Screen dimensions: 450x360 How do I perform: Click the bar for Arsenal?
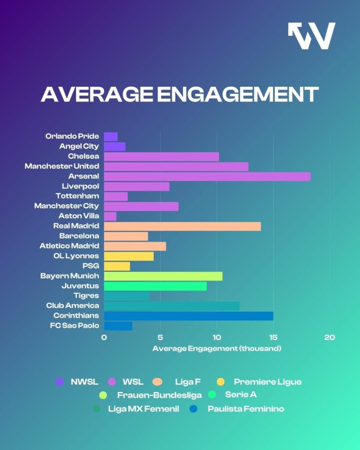pyautogui.click(x=207, y=176)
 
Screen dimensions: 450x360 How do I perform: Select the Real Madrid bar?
pyautogui.click(x=182, y=226)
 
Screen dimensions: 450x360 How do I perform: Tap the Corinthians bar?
pyautogui.click(x=189, y=316)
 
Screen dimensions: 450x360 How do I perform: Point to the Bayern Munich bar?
pyautogui.click(x=163, y=276)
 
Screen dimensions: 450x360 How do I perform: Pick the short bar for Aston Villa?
pyautogui.click(x=110, y=216)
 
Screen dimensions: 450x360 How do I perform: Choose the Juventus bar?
pyautogui.click(x=155, y=286)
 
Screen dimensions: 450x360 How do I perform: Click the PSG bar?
pyautogui.click(x=117, y=266)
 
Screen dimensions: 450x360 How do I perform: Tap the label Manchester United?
pyautogui.click(x=62, y=166)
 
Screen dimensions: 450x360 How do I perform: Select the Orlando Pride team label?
pyautogui.click(x=72, y=136)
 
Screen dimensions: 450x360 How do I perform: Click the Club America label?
pyautogui.click(x=73, y=305)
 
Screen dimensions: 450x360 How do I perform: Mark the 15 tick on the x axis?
pyautogui.click(x=273, y=337)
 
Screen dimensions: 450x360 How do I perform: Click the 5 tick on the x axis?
pyautogui.click(x=160, y=337)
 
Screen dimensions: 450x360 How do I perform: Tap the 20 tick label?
pyautogui.click(x=329, y=337)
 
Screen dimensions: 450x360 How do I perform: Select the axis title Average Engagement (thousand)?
pyautogui.click(x=217, y=348)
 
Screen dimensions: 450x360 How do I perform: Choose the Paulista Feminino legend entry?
pyautogui.click(x=246, y=409)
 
